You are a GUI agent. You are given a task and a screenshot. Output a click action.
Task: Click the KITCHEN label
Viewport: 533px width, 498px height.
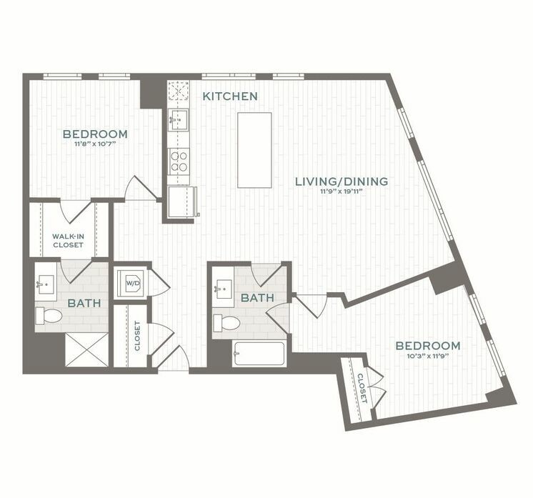tap(229, 96)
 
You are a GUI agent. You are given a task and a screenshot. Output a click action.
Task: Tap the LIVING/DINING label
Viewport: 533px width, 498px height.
tap(342, 181)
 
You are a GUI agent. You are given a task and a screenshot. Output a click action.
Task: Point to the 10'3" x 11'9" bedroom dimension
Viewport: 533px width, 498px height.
tap(428, 356)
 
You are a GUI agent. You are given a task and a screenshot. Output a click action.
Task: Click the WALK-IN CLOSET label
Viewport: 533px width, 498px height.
tap(68, 240)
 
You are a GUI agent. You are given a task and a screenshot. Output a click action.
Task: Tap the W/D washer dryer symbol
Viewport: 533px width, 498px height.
tap(133, 283)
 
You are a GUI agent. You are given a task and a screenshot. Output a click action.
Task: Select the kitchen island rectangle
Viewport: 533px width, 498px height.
tap(254, 150)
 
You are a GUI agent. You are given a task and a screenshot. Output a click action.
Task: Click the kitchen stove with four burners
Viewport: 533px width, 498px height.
tap(178, 161)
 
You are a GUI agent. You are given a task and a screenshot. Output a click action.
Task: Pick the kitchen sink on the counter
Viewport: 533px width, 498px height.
tap(178, 118)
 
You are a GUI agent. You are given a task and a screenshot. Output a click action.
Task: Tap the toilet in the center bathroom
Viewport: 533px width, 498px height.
tap(229, 322)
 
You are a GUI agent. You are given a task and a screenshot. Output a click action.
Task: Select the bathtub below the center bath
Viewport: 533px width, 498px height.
tap(259, 354)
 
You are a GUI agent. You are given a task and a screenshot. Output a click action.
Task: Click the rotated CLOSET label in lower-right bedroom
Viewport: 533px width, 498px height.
tap(362, 387)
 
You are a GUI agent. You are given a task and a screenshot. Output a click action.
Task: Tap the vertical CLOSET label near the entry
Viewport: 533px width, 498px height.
tap(136, 335)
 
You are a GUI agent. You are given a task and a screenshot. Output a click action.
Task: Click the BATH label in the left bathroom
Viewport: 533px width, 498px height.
tap(84, 304)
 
